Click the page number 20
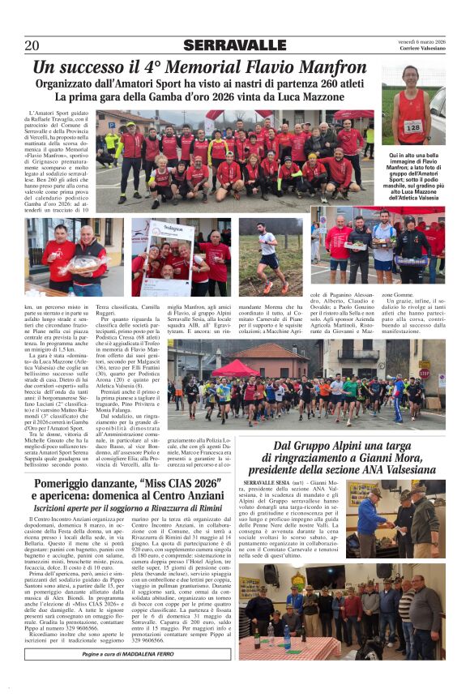tap(32, 45)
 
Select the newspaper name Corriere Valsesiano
tap(422, 49)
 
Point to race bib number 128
tap(413, 127)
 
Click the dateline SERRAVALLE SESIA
tap(267, 482)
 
